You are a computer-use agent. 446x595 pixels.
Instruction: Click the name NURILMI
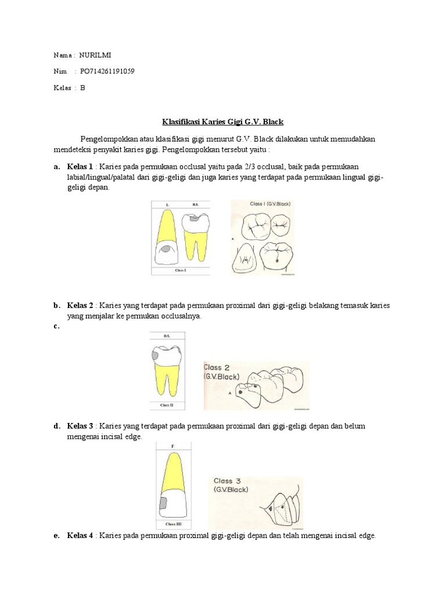(95, 55)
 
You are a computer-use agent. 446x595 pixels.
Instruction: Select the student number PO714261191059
(107, 71)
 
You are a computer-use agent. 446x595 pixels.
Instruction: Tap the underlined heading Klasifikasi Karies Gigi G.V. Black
(223, 122)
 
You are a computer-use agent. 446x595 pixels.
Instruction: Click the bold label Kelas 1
(80, 167)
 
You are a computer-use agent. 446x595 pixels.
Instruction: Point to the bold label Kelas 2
(80, 306)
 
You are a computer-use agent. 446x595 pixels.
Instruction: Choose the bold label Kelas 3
(80, 426)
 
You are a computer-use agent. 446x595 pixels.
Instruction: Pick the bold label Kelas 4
(80, 535)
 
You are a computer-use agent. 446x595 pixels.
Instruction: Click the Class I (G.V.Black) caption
(270, 204)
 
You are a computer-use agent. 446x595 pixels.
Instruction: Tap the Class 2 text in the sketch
(217, 367)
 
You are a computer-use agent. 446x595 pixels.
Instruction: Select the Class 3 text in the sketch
(227, 481)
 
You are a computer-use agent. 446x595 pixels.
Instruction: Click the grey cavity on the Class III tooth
(163, 503)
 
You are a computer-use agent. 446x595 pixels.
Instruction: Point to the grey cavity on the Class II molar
(156, 356)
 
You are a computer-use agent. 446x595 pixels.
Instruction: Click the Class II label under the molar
(167, 405)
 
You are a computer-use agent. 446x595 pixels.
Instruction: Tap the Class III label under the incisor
(173, 524)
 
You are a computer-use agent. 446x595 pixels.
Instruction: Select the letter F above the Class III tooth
(172, 447)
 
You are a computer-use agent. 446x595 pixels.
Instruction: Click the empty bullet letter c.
(56, 326)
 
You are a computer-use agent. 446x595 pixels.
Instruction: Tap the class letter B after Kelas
(82, 88)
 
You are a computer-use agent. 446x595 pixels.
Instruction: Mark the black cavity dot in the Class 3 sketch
(271, 508)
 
